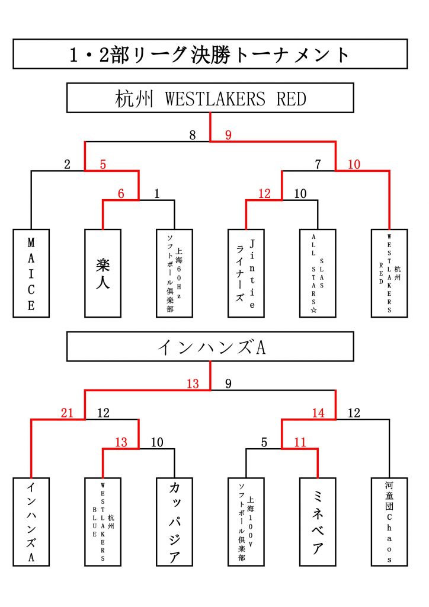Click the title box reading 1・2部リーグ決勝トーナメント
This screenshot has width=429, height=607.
click(x=210, y=54)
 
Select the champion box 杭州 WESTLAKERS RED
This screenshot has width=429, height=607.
click(x=210, y=98)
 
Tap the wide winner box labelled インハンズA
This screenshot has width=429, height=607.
click(x=210, y=347)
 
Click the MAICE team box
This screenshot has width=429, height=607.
click(x=31, y=273)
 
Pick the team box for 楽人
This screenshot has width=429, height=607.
click(x=103, y=273)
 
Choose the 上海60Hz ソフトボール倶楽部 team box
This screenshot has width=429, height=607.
click(x=174, y=273)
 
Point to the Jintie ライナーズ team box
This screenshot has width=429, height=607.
click(x=246, y=273)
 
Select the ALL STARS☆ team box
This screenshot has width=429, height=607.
click(x=318, y=273)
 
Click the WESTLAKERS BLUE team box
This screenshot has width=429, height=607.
click(x=103, y=522)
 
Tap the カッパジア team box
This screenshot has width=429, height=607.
click(x=174, y=522)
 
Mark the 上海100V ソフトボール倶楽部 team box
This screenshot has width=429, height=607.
click(x=246, y=522)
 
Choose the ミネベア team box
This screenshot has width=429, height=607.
click(x=318, y=522)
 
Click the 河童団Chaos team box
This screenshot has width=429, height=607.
click(x=389, y=522)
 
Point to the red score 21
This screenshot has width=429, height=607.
click(x=67, y=413)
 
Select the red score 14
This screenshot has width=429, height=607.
click(x=318, y=413)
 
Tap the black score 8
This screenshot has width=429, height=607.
click(x=193, y=135)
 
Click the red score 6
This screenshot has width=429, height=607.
click(x=121, y=193)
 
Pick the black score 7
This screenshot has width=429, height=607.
click(x=318, y=165)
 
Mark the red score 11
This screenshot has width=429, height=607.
click(x=300, y=442)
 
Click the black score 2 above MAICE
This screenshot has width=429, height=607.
click(x=67, y=165)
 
